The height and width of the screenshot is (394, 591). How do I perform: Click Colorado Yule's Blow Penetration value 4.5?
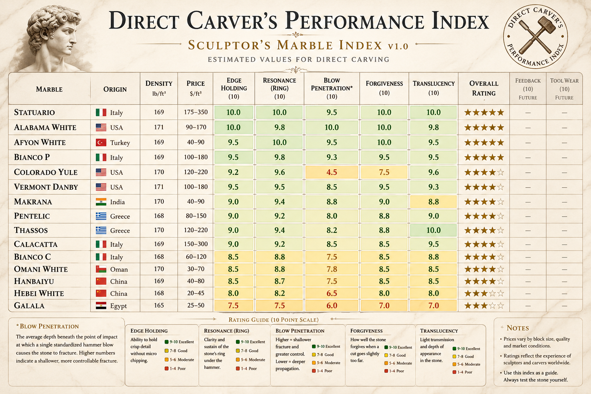coord(331,172)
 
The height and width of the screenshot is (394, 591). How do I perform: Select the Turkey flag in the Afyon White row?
coord(101,142)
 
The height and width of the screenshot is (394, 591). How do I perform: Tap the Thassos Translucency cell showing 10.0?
coord(433,230)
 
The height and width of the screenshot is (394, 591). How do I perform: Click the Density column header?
coord(159,88)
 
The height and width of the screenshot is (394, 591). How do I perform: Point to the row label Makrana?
coord(33,202)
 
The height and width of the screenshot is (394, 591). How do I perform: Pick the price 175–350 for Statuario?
coord(195,112)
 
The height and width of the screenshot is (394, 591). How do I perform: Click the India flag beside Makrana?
coord(101,202)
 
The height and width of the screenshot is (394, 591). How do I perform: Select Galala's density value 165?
coord(159,306)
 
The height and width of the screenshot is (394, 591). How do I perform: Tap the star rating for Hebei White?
coord(484,293)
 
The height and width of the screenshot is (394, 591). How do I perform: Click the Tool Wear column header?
coord(564,88)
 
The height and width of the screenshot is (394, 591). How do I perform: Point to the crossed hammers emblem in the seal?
coord(536,35)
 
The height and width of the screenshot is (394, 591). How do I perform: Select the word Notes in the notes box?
coord(518,328)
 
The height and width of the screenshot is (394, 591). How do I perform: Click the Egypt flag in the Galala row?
coord(101,306)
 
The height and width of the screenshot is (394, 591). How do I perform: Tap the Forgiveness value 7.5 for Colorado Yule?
coord(384,172)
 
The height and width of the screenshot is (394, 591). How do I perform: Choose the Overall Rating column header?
coord(484,88)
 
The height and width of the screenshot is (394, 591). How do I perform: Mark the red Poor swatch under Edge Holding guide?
coord(167,368)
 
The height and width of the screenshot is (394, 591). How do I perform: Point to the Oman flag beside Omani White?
coord(101,269)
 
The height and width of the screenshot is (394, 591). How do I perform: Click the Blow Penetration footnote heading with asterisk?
coord(47,326)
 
